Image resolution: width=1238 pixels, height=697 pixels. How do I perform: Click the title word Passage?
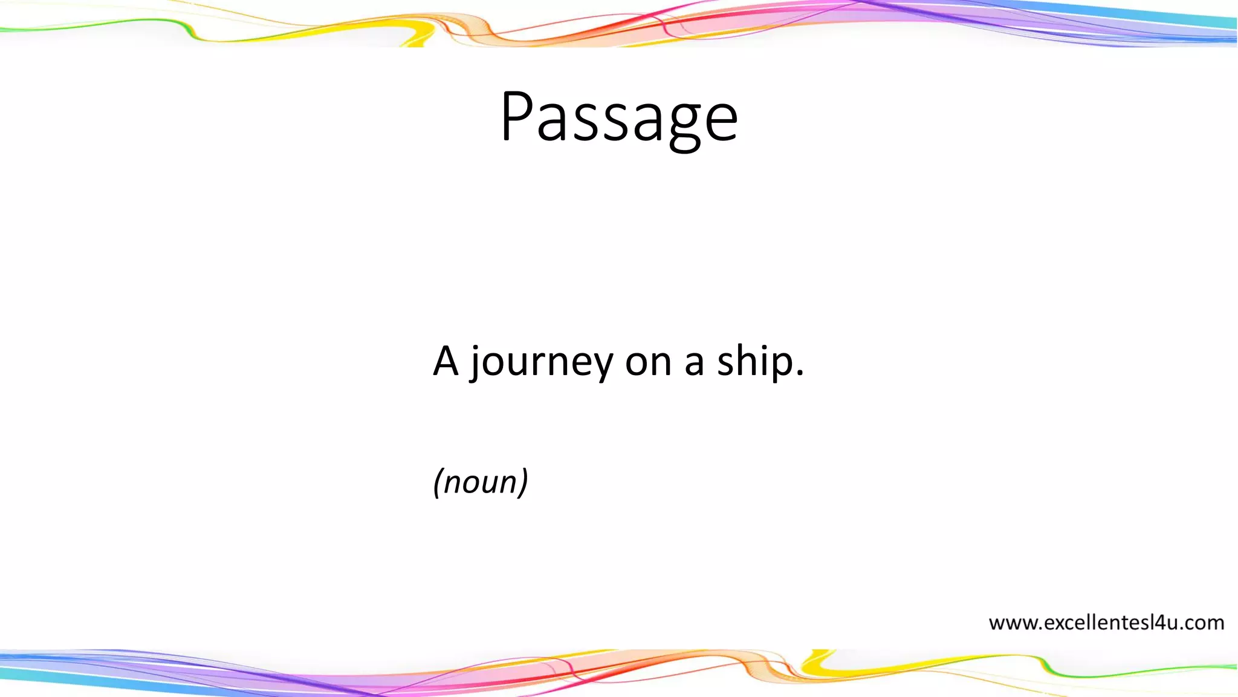pyautogui.click(x=619, y=118)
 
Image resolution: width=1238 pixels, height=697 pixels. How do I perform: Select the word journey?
pyautogui.click(x=541, y=363)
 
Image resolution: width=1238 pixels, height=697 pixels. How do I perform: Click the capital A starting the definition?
pyautogui.click(x=446, y=361)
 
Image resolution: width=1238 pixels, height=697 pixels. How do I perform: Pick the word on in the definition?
pyautogui.click(x=648, y=363)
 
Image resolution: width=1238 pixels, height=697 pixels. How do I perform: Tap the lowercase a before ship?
pyautogui.click(x=694, y=363)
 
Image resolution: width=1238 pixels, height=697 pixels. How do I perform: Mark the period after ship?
pyautogui.click(x=800, y=374)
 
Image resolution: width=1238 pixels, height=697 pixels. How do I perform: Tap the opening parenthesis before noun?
pyautogui.click(x=438, y=483)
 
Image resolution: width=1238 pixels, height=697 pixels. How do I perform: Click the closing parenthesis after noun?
pyautogui.click(x=523, y=483)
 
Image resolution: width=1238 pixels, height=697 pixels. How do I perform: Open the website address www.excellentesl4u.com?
pyautogui.click(x=1106, y=623)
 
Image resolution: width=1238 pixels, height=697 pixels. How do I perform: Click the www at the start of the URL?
pyautogui.click(x=1013, y=623)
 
